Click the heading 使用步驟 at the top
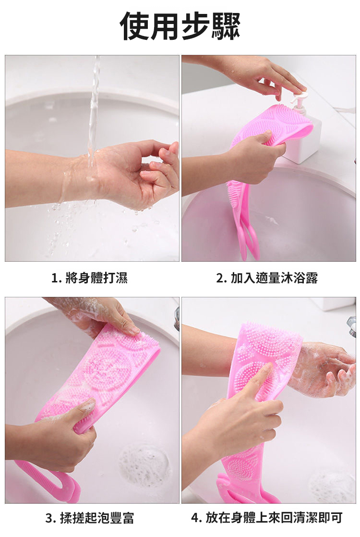(x=180, y=26)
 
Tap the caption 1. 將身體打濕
(x=89, y=278)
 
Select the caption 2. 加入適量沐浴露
(x=267, y=278)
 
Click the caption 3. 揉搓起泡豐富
(x=90, y=518)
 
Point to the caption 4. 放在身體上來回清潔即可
(x=267, y=518)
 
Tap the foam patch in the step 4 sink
(x=330, y=485)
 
